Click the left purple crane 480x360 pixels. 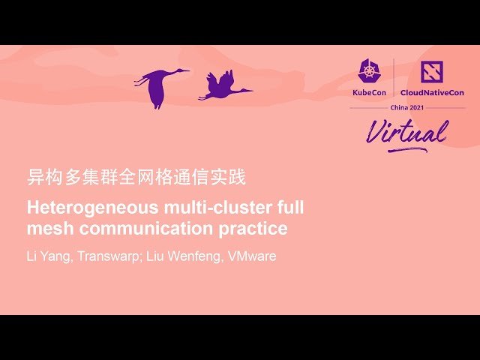click(160, 84)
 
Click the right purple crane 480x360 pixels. click(222, 87)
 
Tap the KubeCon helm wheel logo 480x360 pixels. click(369, 72)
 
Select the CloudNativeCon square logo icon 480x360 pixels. click(431, 72)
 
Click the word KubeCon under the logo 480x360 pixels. click(369, 92)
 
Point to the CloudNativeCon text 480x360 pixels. click(432, 92)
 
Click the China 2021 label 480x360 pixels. click(407, 107)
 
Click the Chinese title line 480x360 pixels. click(136, 178)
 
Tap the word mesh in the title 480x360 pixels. click(47, 228)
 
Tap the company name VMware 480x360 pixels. click(252, 256)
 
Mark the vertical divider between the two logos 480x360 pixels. click(394, 78)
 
